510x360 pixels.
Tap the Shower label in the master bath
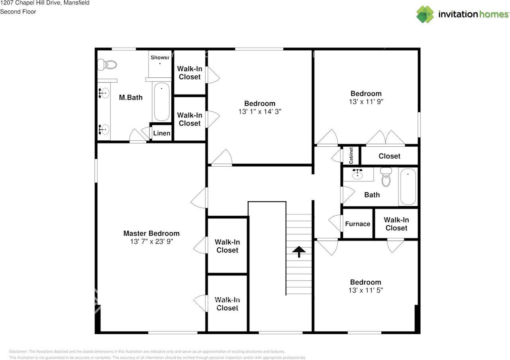pos(160,57)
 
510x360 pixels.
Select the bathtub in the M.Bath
pos(162,102)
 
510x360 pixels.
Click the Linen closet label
pos(162,133)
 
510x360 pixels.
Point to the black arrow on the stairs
pos(299,252)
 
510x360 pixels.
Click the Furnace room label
pos(357,224)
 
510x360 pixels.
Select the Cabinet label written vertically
pos(351,155)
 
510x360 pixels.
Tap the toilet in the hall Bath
pos(386,177)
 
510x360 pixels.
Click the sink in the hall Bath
pos(357,174)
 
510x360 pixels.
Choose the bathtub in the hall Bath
pos(408,187)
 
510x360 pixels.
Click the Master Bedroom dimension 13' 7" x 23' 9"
pos(151,242)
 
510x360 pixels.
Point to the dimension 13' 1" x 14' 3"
pos(260,112)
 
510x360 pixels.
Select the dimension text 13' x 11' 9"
pos(366,102)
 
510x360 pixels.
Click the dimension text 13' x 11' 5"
pos(365,290)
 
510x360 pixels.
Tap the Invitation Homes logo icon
pos(425,14)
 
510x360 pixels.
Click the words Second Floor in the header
pos(18,12)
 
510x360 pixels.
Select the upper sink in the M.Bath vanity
pos(104,93)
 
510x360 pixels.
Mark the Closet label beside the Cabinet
pos(389,156)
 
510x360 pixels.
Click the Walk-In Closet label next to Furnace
pos(396,224)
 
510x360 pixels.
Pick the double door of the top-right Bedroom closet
pos(385,139)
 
